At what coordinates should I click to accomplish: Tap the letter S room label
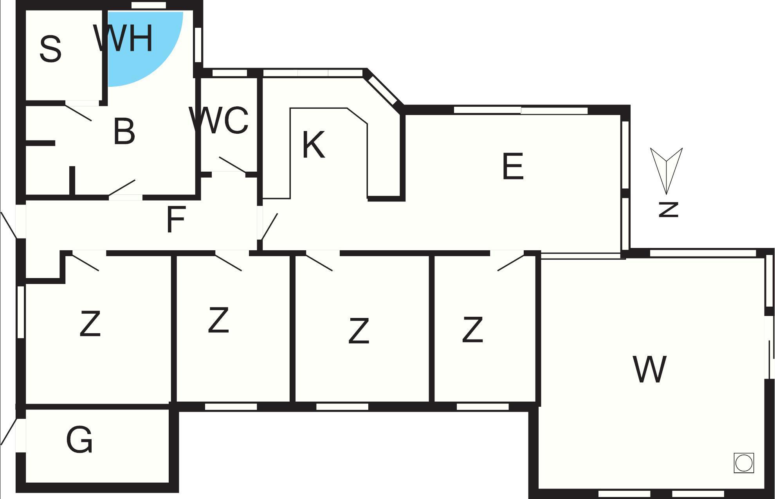pos(50,49)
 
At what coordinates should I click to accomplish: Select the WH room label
pos(123,38)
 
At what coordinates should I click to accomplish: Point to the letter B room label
pos(124,131)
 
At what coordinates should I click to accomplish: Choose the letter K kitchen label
pos(314,145)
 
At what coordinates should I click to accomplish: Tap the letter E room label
pos(513,167)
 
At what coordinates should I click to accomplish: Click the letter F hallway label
pos(175,219)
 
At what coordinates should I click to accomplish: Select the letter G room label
pos(79,440)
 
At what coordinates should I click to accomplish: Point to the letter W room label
pos(649,369)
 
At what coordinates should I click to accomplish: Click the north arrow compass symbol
pos(666,171)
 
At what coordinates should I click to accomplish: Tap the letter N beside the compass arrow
pos(668,209)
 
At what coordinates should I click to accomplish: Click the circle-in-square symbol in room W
pos(744,463)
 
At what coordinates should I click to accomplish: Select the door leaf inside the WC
pos(233,165)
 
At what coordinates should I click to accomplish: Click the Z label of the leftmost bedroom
pos(90,323)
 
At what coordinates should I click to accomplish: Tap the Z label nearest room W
pos(472,330)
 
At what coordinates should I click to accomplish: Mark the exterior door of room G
pos(9,431)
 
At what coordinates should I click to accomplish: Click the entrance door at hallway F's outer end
pos(9,225)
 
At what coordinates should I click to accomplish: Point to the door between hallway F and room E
pos(269,226)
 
